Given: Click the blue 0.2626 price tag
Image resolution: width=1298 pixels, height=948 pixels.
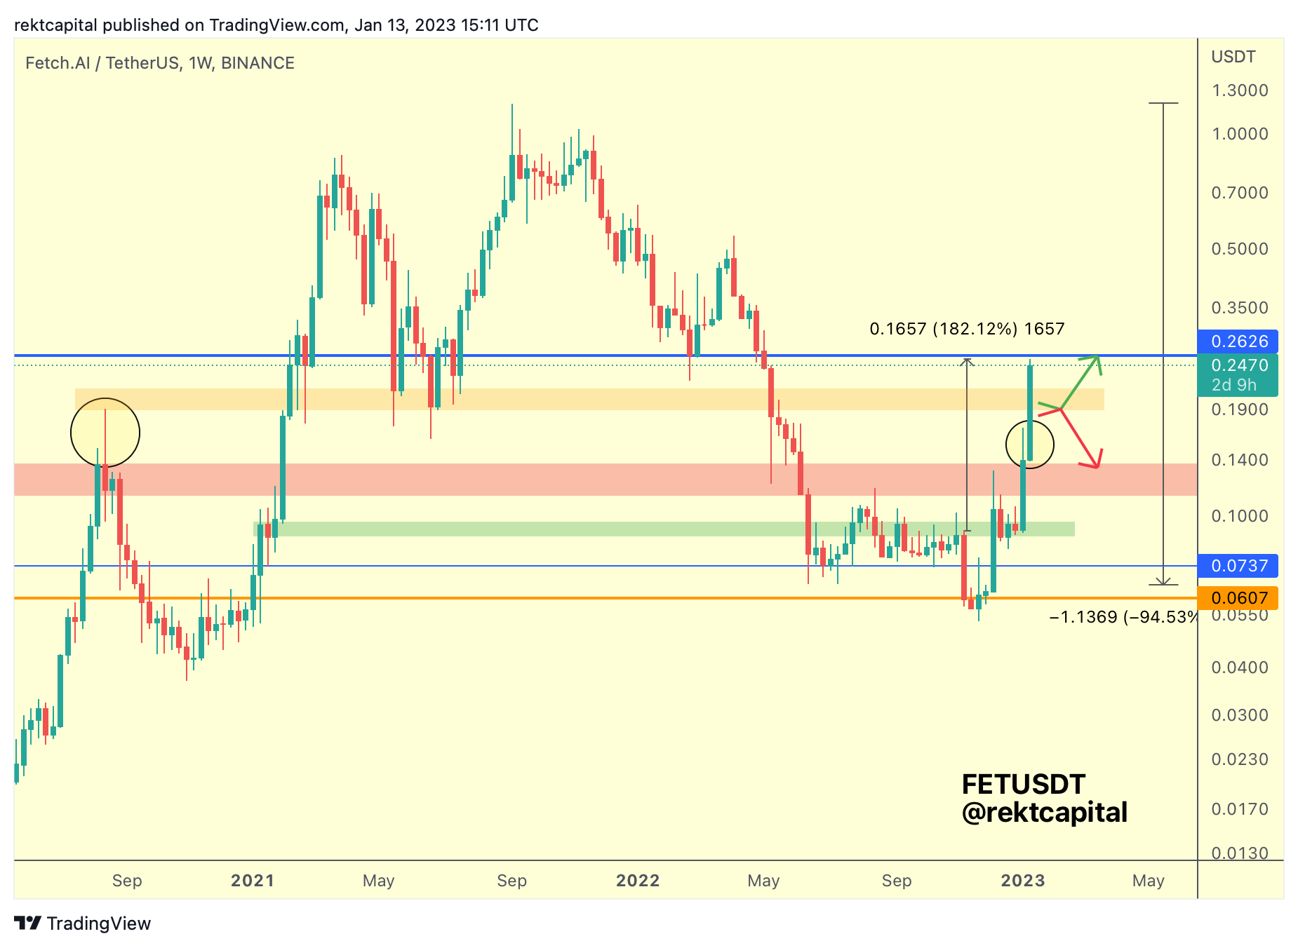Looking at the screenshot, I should [x=1238, y=341].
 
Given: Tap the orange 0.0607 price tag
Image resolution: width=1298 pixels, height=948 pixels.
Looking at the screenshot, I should [x=1238, y=598].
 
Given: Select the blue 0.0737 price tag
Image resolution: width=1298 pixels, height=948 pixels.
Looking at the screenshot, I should [x=1238, y=566].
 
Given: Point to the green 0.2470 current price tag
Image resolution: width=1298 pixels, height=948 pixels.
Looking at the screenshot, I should [x=1238, y=374].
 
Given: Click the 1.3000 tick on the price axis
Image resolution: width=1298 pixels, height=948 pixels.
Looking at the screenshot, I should [x=1239, y=90].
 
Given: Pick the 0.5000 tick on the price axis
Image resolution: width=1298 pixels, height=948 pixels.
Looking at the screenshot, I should [x=1239, y=249].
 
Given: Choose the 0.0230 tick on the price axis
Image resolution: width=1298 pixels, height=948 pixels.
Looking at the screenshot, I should [x=1239, y=759].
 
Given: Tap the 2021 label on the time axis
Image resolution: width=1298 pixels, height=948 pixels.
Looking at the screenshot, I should [x=253, y=881].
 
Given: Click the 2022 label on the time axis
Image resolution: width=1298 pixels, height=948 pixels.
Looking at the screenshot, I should [x=638, y=881].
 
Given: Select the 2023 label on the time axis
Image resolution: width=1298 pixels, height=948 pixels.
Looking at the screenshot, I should [x=1022, y=881].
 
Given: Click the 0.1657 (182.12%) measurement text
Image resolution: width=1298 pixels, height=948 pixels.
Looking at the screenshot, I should [x=967, y=329].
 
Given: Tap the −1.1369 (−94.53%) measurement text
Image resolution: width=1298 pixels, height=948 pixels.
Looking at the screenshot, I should [x=1123, y=617].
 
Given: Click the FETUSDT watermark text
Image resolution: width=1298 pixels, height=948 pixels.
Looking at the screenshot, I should [x=1023, y=784].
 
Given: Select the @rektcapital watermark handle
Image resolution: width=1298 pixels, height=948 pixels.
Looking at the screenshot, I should [x=1044, y=813].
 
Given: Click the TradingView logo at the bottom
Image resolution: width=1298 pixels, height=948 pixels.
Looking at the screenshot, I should [x=83, y=923].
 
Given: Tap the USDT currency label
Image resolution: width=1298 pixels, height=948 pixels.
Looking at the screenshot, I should [x=1233, y=57].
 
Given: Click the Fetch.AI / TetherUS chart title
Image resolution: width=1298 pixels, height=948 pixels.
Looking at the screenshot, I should [x=160, y=63].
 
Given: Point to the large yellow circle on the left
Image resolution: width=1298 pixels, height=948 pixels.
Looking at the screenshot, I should [x=105, y=433].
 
